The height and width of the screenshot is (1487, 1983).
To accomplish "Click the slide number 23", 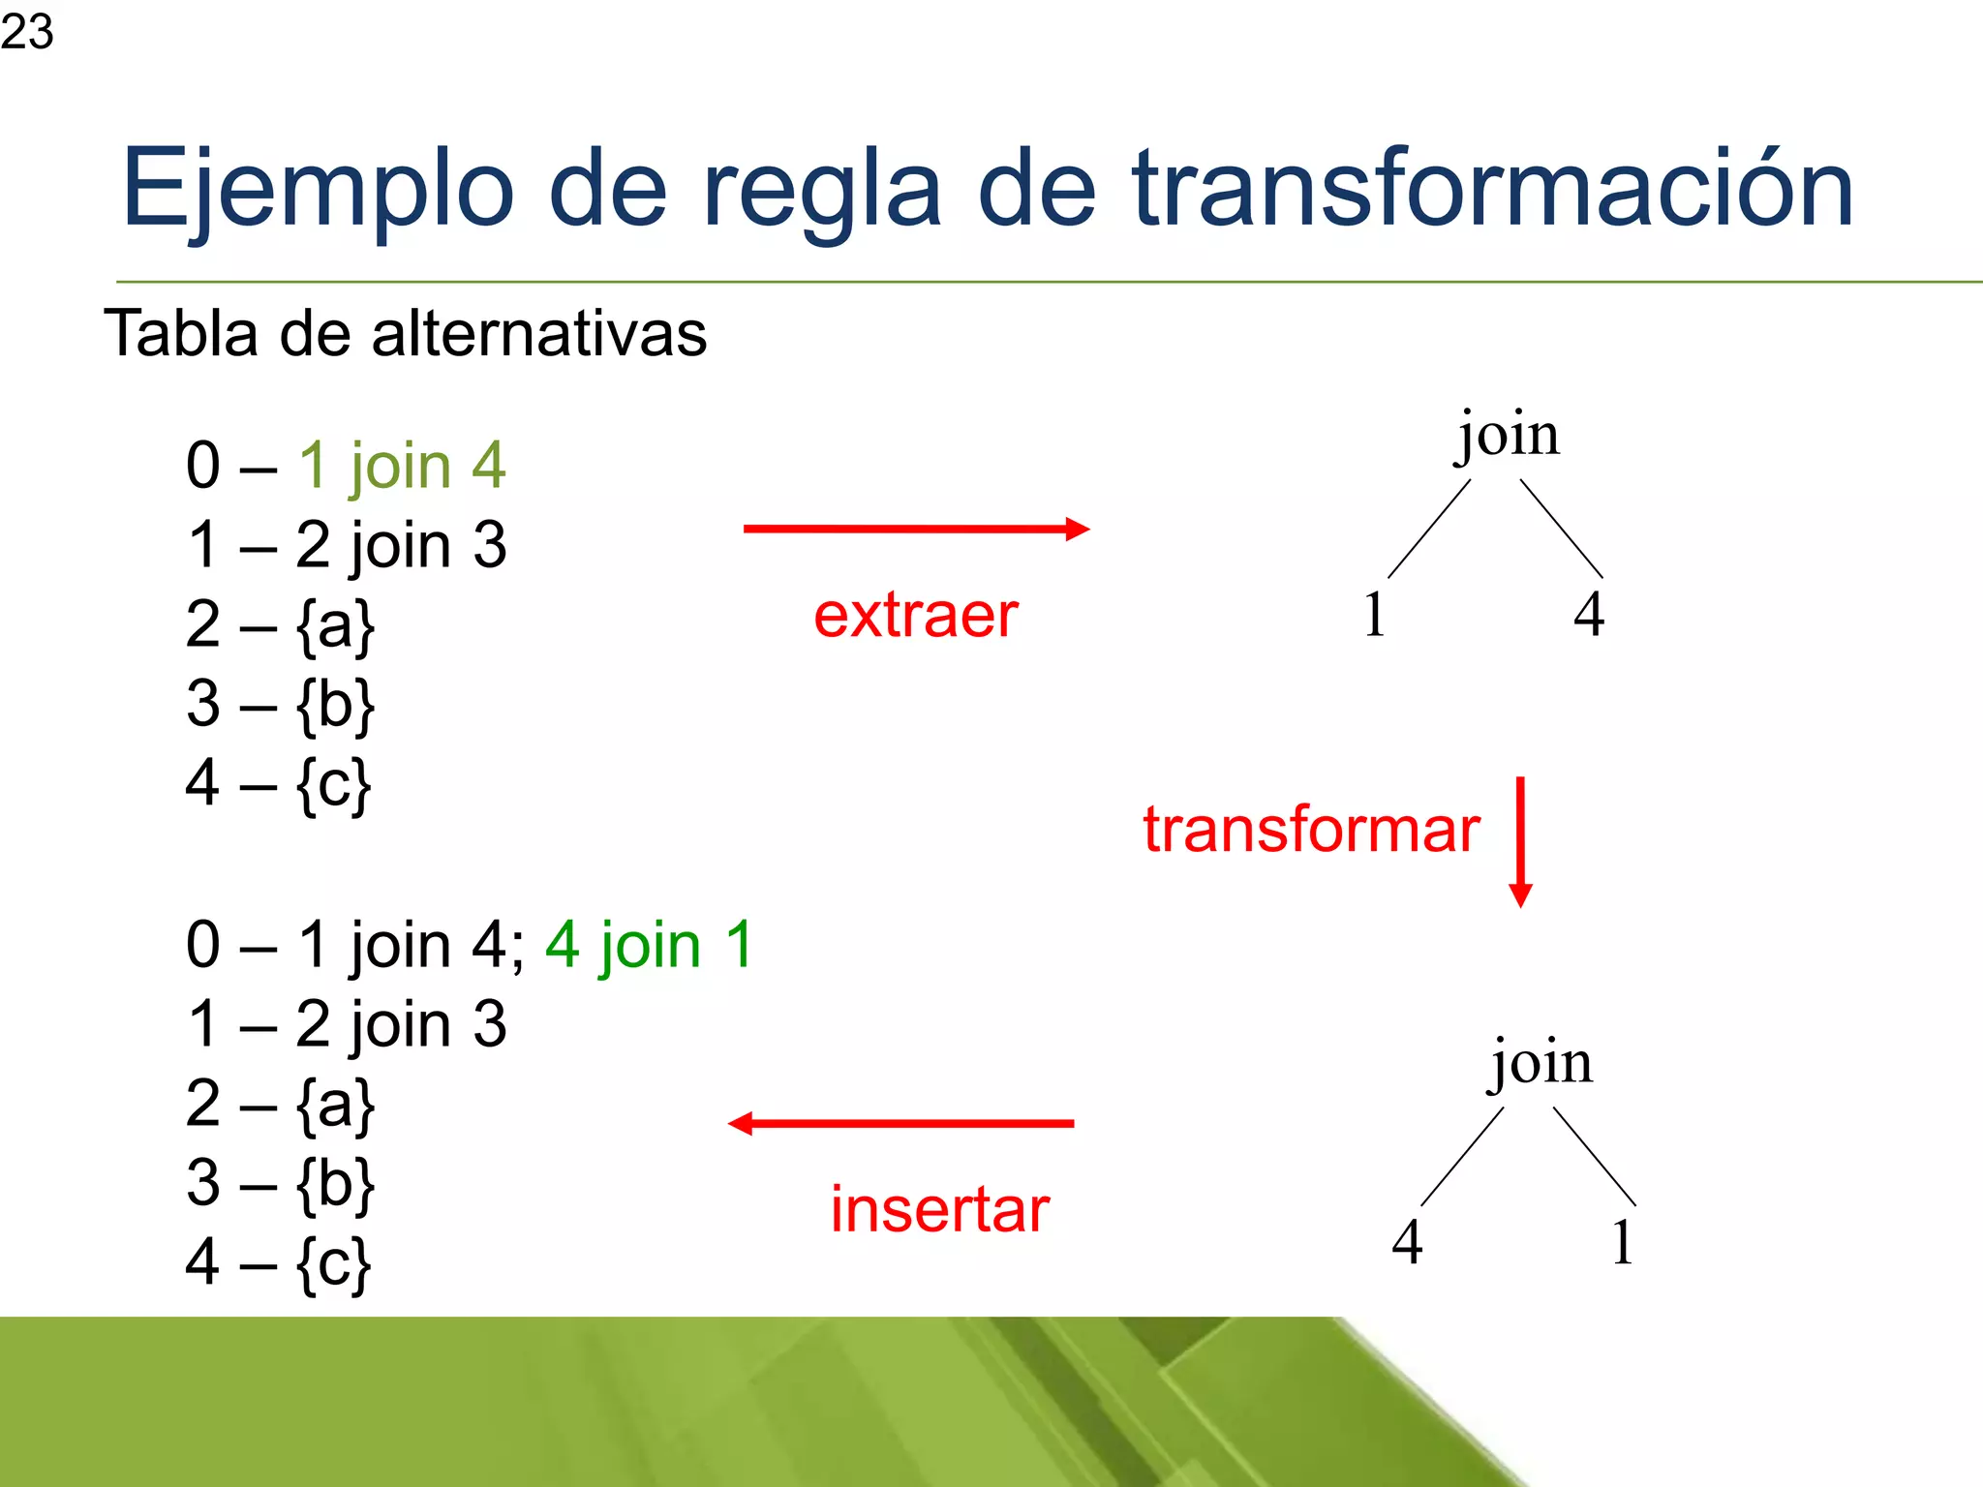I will click(27, 31).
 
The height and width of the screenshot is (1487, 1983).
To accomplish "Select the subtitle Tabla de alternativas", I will click(405, 334).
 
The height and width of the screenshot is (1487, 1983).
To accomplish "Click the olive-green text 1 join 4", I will click(401, 466).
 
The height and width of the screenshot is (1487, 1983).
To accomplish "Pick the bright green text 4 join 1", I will click(649, 945).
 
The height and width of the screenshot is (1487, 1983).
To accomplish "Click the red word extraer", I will click(915, 616).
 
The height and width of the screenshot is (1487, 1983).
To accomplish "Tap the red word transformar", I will click(1311, 830).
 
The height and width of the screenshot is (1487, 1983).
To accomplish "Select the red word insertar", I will click(939, 1210).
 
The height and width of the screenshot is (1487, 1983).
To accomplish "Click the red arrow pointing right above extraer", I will click(915, 529).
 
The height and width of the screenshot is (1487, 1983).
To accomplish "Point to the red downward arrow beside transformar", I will click(1520, 840).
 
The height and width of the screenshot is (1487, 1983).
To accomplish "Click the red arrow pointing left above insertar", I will click(900, 1123).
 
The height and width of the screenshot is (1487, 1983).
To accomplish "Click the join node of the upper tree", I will click(1509, 436).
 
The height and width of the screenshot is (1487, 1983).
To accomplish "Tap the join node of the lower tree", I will click(1541, 1063).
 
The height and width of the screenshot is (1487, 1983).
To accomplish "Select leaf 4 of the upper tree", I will click(1588, 614).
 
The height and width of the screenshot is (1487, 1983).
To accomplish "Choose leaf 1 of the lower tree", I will click(1623, 1242).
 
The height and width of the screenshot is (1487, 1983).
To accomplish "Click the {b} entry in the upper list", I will click(335, 704).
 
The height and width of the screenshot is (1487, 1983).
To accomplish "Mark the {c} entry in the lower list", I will click(333, 1263).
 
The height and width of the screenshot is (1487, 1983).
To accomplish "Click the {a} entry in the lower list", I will click(335, 1105).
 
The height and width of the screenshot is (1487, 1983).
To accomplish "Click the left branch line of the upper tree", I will click(1429, 529).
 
